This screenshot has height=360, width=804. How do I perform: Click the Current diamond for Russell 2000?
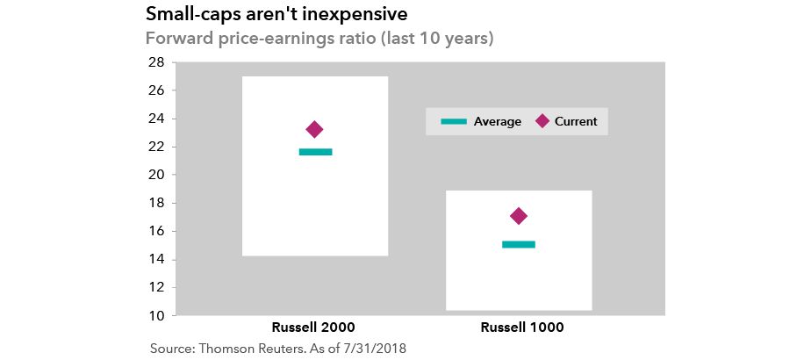pyautogui.click(x=314, y=130)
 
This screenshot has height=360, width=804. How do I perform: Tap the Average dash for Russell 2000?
pyautogui.click(x=316, y=152)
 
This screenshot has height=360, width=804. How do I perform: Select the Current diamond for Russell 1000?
pyautogui.click(x=519, y=216)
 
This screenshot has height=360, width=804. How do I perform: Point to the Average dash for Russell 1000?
pyautogui.click(x=519, y=244)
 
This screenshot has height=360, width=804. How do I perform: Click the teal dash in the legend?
pyautogui.click(x=454, y=121)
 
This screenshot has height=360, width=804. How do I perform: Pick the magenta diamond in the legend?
pyautogui.click(x=542, y=121)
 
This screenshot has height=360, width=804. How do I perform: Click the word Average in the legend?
pyautogui.click(x=497, y=122)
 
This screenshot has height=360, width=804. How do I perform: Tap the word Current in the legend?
pyautogui.click(x=576, y=122)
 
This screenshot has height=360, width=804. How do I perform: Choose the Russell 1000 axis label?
pyautogui.click(x=522, y=328)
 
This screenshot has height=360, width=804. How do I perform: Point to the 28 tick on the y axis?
pyautogui.click(x=156, y=62)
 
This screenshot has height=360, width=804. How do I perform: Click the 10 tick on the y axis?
pyautogui.click(x=156, y=315)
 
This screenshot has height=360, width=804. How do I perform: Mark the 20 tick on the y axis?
pyautogui.click(x=156, y=175)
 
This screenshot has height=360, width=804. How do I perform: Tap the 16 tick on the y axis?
pyautogui.click(x=156, y=231)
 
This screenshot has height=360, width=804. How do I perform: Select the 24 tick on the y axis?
pyautogui.click(x=156, y=119)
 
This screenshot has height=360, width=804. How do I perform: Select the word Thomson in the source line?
pyautogui.click(x=231, y=349)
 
